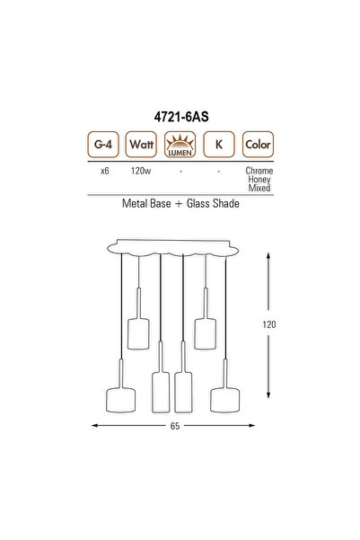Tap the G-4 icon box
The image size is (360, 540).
point(103,143)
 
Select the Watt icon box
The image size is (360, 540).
point(140,143)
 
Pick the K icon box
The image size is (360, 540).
point(218,143)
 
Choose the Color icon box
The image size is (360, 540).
point(258,143)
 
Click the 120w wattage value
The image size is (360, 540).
point(140,170)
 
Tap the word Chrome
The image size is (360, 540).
point(259,170)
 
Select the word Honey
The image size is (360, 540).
point(259,179)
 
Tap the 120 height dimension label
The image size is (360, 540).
point(270,324)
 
